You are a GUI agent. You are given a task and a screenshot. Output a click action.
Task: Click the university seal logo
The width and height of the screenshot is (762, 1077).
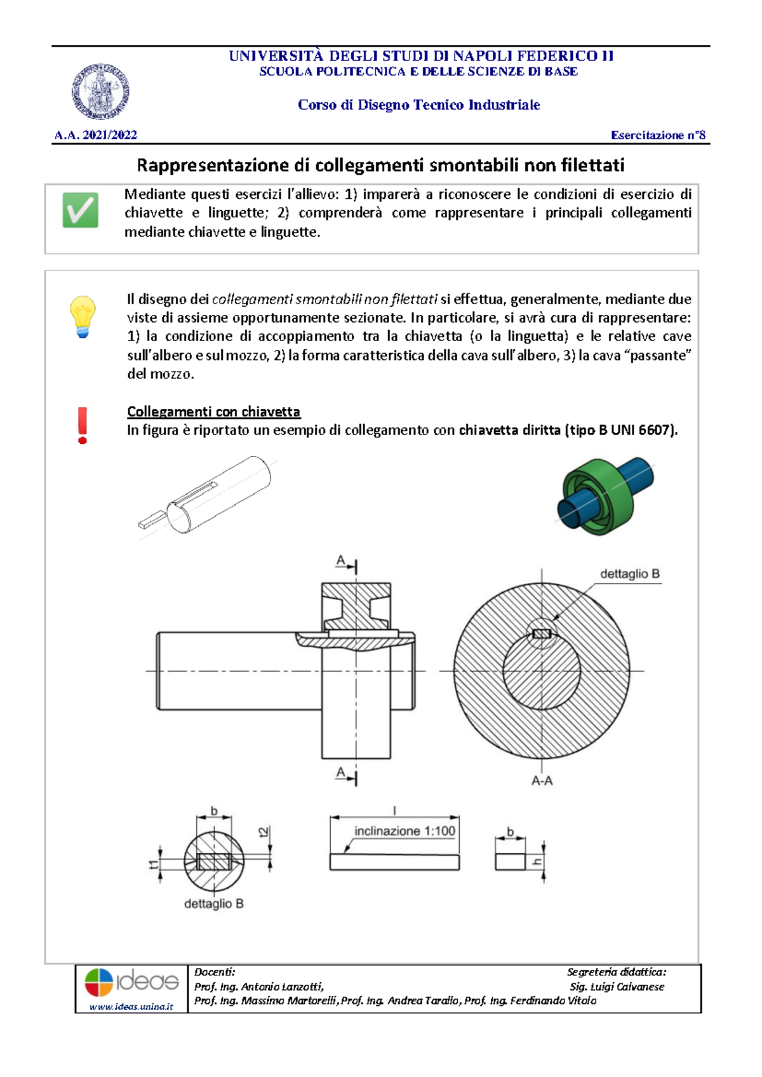click(100, 91)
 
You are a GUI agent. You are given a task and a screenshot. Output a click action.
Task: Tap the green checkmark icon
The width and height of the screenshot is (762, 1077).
click(81, 210)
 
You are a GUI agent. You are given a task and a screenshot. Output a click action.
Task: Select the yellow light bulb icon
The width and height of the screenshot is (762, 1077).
click(83, 316)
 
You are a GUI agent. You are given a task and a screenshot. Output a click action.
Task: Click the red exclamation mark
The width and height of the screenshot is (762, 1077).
click(83, 425)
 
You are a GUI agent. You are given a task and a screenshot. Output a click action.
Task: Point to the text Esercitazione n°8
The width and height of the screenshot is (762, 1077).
click(658, 135)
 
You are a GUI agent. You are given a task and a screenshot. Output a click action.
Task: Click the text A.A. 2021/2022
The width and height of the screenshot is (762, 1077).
click(96, 135)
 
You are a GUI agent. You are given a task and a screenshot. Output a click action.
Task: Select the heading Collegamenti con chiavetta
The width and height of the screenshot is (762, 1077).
click(213, 411)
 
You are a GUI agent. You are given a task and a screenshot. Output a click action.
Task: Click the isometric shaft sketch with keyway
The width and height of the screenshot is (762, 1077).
click(205, 498)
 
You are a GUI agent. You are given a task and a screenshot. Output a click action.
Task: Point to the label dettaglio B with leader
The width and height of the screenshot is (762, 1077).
click(629, 574)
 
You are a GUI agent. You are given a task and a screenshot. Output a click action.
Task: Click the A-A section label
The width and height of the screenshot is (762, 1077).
click(542, 781)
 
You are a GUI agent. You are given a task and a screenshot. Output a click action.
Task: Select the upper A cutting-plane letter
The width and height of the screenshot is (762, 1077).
click(341, 561)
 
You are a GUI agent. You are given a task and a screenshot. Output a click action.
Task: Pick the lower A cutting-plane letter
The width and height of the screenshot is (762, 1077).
click(341, 772)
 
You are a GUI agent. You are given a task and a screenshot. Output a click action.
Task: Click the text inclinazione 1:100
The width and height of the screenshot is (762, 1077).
click(404, 831)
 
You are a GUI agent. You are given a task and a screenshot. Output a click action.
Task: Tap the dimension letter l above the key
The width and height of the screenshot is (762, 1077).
click(394, 810)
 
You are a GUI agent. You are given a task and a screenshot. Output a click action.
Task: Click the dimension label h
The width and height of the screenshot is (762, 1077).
click(537, 861)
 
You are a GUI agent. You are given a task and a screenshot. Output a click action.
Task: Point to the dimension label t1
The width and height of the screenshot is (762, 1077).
click(153, 864)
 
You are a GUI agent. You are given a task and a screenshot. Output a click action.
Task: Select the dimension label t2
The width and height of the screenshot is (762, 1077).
click(264, 832)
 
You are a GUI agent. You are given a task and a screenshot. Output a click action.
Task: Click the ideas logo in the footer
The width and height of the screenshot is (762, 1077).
click(131, 982)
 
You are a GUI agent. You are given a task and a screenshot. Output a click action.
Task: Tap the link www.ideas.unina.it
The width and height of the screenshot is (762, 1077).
click(131, 1007)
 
